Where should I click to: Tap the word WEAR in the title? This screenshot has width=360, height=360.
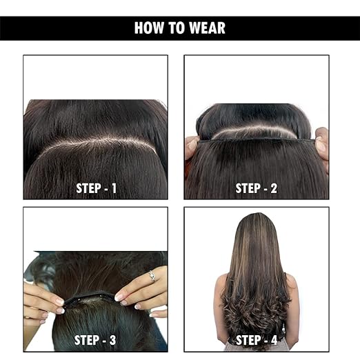pyautogui.click(x=208, y=28)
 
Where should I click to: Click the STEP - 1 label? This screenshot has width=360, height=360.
pyautogui.click(x=96, y=188)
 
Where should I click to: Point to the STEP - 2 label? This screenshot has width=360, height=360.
pyautogui.click(x=257, y=188)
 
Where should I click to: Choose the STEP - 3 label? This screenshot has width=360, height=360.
pyautogui.click(x=95, y=340)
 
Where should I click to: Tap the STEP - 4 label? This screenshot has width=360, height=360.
pyautogui.click(x=257, y=340)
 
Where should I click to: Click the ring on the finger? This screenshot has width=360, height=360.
pyautogui.click(x=152, y=276)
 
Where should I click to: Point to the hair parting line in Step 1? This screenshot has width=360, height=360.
pyautogui.click(x=97, y=143)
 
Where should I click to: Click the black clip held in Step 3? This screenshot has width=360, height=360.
pyautogui.click(x=90, y=298)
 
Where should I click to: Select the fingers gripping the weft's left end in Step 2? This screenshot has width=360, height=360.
pyautogui.click(x=192, y=147)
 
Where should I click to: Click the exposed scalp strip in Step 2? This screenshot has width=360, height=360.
pyautogui.click(x=254, y=133)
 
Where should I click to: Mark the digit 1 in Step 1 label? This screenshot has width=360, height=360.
pyautogui.click(x=114, y=188)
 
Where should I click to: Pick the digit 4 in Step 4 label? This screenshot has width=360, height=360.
pyautogui.click(x=274, y=340)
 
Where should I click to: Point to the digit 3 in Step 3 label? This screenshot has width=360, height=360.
pyautogui.click(x=112, y=340)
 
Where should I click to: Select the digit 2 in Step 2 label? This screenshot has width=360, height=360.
pyautogui.click(x=274, y=188)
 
